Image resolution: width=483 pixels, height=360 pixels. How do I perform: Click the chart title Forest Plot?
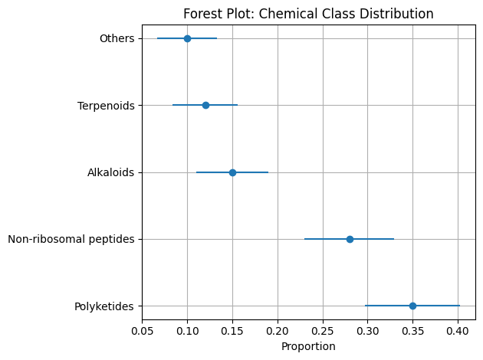(308, 14)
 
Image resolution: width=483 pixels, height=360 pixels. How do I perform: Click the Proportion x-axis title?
(308, 346)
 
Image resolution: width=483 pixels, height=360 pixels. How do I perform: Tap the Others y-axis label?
(117, 38)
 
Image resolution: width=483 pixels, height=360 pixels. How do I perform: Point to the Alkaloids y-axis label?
(111, 172)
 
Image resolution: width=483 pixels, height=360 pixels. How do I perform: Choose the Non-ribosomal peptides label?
(71, 239)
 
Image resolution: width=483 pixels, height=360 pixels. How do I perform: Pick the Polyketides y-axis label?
(104, 306)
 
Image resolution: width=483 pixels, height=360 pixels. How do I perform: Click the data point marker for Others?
(187, 38)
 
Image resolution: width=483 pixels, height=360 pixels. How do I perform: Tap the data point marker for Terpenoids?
(205, 105)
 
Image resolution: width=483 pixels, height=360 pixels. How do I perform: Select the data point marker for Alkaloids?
(232, 172)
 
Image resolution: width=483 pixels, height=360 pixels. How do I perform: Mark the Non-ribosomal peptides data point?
(350, 239)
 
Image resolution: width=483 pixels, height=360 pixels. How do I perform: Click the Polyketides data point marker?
(412, 306)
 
